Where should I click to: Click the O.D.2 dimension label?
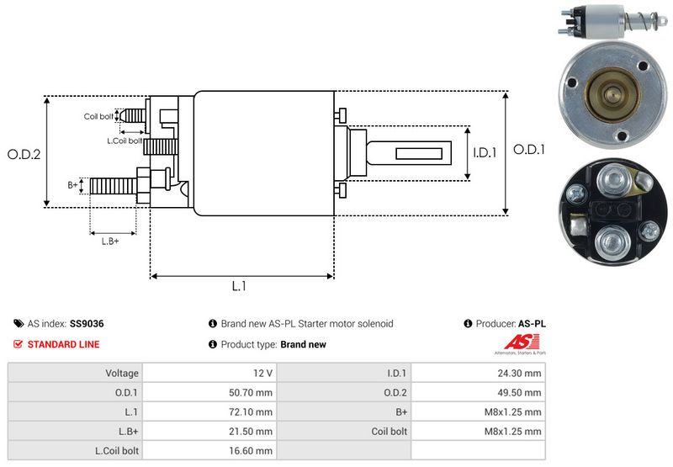click(x=24, y=154)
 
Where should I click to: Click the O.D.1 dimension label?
click(x=529, y=149)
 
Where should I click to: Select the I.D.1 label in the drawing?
click(x=486, y=153)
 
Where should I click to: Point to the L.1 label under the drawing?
click(x=239, y=286)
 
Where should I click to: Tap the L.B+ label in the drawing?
click(x=110, y=241)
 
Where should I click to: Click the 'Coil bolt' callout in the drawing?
click(x=98, y=116)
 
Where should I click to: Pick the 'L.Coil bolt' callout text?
click(x=124, y=140)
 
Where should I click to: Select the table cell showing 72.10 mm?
click(x=252, y=412)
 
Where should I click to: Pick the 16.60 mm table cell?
click(x=252, y=452)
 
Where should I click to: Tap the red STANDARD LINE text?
click(x=63, y=344)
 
